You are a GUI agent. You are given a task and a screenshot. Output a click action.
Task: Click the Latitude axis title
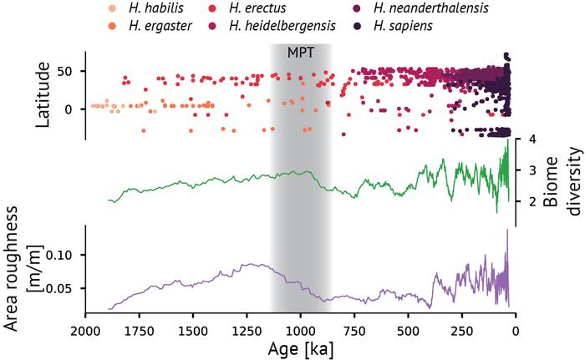(x=43, y=95)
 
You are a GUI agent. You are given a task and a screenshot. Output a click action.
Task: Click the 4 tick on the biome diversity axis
(x=532, y=139)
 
